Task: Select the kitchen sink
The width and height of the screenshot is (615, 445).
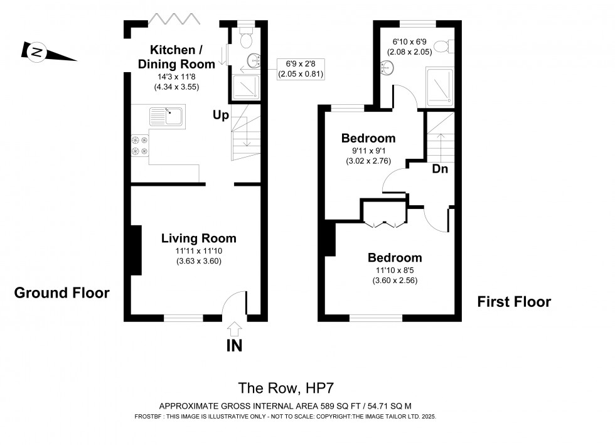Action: (166, 116)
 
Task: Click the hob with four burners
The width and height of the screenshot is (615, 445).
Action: (139, 146)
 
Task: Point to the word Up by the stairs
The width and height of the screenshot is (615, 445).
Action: (220, 115)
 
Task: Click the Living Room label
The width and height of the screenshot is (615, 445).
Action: (199, 239)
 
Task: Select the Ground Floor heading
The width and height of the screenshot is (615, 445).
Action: (61, 292)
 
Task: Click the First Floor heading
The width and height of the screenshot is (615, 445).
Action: (514, 302)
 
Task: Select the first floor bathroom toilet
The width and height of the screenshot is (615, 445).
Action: (442, 46)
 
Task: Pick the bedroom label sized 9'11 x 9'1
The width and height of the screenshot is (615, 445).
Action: (368, 139)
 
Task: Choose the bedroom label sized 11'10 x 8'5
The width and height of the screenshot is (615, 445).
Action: (395, 257)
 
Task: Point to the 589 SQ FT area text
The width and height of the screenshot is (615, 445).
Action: (285, 406)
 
